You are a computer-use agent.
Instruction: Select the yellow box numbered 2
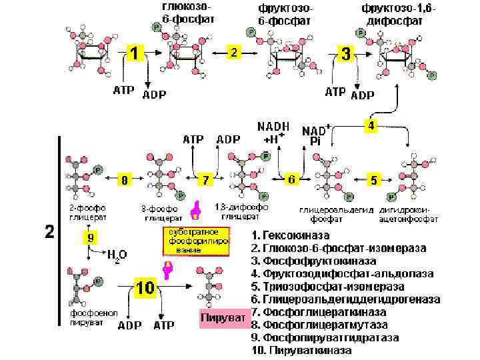233,52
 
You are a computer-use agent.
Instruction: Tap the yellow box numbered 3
345,54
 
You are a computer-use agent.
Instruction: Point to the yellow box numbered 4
371,125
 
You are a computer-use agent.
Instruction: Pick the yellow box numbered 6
291,179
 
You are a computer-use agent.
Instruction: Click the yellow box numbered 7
206,179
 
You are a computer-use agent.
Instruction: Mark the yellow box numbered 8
124,179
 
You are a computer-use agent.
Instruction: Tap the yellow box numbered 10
145,288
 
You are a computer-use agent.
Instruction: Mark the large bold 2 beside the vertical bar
49,232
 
